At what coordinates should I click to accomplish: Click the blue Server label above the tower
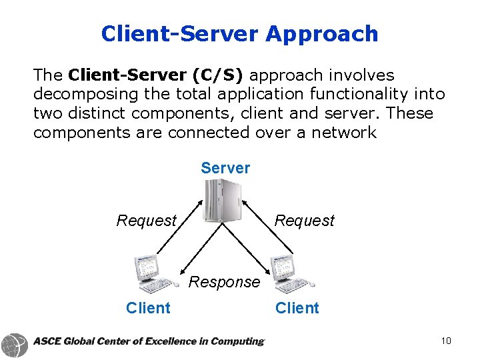click(x=225, y=168)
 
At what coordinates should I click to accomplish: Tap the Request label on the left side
click(x=147, y=221)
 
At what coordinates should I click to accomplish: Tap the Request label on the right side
click(x=305, y=221)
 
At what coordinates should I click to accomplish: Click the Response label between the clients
click(x=224, y=282)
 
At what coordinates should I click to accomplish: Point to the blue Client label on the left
click(x=148, y=308)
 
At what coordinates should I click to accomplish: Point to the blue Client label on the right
click(x=297, y=308)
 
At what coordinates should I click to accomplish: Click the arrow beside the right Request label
click(x=267, y=227)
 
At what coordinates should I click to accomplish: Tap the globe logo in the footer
click(x=15, y=345)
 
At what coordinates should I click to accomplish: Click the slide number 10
click(x=446, y=341)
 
